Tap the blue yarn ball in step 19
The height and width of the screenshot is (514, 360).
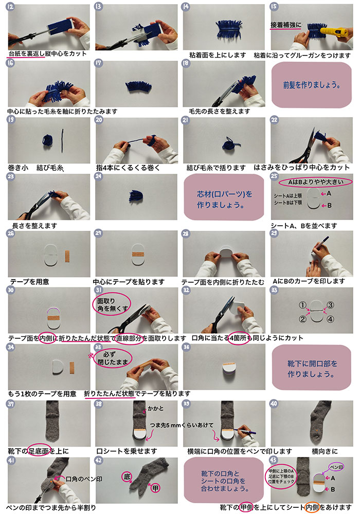coord(45,139)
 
